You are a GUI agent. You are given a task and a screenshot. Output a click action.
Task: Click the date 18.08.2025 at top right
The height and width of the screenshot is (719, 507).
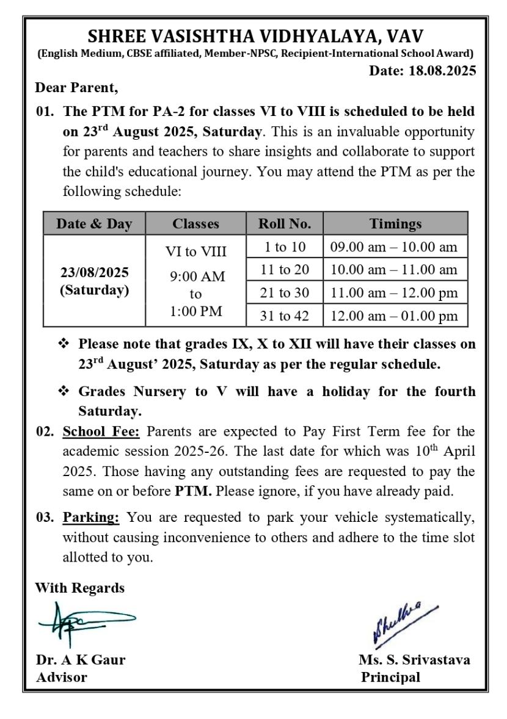point(422,71)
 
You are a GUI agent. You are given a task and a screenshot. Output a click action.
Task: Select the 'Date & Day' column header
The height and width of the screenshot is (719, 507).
point(94,224)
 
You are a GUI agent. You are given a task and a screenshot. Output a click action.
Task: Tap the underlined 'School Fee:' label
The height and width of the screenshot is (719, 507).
point(101,433)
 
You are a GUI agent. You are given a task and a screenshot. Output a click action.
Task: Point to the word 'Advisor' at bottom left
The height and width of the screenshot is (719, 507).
point(61,677)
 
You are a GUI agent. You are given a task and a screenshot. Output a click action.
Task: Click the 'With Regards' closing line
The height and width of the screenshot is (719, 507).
point(80,588)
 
